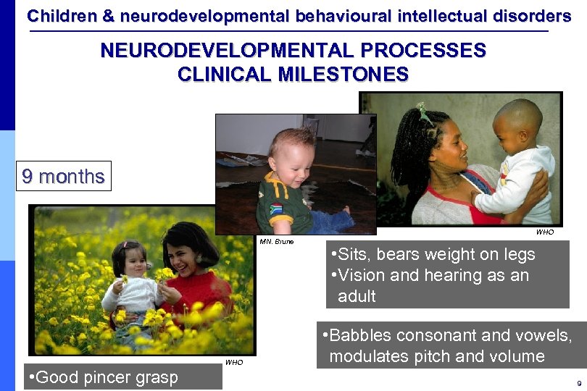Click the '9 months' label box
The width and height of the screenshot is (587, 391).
[x=63, y=176]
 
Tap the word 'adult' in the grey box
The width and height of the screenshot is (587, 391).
[x=357, y=296]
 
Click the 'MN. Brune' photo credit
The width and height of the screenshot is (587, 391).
[x=276, y=241]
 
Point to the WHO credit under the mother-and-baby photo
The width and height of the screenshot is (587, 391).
[x=544, y=232]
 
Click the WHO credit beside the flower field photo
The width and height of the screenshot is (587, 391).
[x=234, y=362]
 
